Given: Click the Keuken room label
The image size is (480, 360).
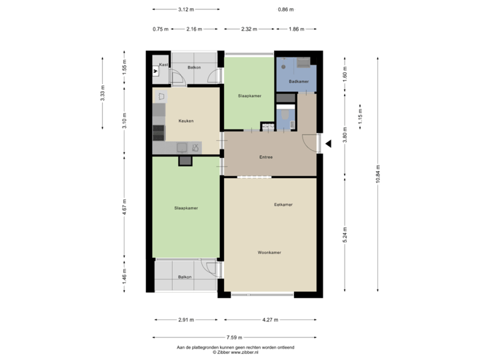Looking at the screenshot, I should coord(185,121).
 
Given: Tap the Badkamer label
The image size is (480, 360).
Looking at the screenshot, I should coord(298,81).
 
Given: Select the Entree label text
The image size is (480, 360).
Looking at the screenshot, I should coord(267,157).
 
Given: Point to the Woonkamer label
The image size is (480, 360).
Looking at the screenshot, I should coord(269,253).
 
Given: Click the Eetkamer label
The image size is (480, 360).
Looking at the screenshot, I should coord(283,204).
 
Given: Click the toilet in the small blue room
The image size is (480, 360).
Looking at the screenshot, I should coord(285,116).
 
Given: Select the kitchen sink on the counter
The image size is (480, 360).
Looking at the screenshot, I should coord(181,147).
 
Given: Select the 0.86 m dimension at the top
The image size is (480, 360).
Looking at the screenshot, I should coord(285,9).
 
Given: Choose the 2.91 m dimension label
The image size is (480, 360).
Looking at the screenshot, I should coord(186,319).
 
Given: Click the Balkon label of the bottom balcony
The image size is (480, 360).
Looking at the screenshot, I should coord(185,277).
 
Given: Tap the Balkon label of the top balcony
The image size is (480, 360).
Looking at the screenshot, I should coord(194,67).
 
